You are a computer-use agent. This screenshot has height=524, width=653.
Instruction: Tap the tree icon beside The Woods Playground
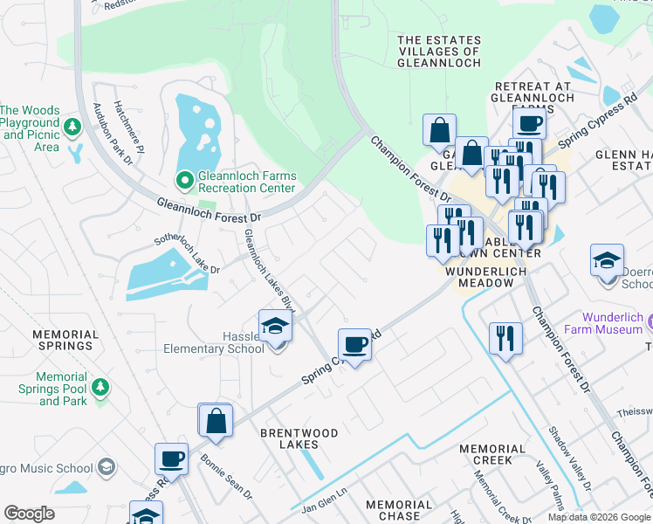pos(72,129)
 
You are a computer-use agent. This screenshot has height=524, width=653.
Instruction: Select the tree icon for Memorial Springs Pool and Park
pos(100,386)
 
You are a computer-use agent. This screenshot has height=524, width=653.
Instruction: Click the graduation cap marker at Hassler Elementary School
pos(276,327)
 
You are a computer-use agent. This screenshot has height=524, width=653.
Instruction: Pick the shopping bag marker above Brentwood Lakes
pos(215,420)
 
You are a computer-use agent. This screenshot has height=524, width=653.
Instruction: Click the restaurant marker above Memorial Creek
pos(505,337)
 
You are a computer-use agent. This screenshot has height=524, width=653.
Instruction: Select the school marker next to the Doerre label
pos(607,261)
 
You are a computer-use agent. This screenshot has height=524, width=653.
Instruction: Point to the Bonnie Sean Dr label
pos(226,476)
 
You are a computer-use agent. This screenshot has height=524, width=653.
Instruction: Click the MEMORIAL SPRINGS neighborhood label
pos(65,340)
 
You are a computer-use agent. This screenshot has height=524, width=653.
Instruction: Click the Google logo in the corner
pos(30,513)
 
